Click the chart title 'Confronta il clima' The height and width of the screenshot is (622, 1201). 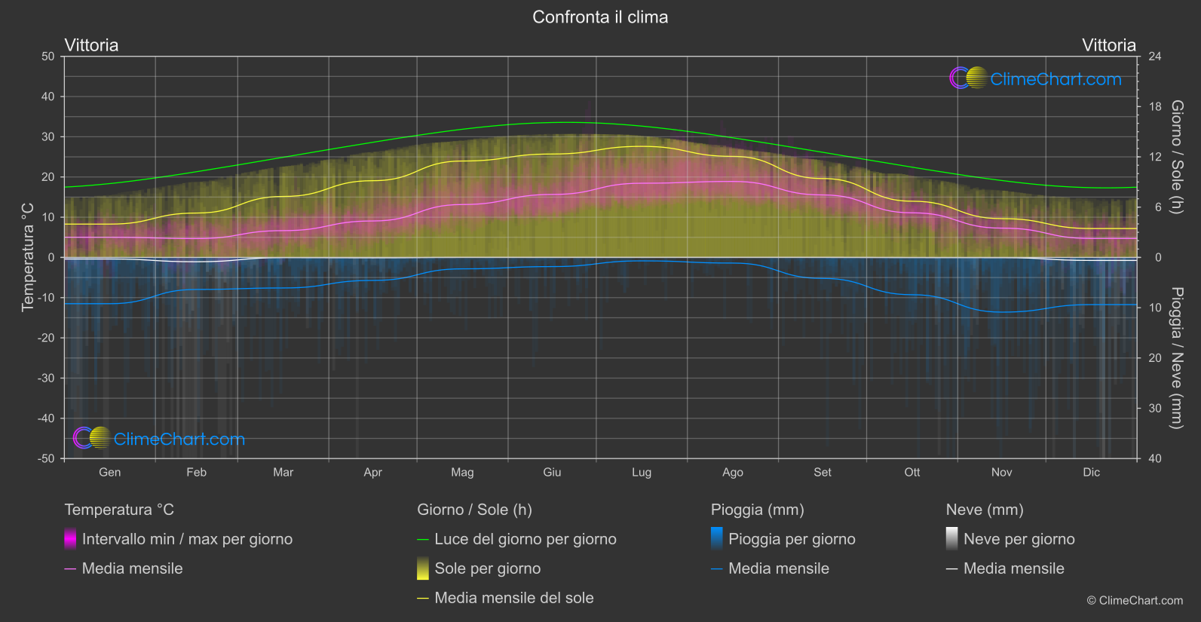pos(600,17)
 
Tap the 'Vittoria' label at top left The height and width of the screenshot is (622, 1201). pos(91,45)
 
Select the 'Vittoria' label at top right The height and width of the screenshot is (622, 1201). pos(1108,45)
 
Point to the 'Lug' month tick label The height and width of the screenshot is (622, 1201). pos(642,473)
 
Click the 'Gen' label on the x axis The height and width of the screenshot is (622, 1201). pos(109,473)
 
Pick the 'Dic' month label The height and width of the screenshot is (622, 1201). pos(1091,473)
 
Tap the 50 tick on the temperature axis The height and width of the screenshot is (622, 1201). pos(48,57)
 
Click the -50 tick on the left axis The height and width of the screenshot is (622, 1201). pos(46,458)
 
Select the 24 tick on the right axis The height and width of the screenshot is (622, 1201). pos(1154,57)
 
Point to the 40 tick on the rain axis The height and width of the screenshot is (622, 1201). pos(1154,458)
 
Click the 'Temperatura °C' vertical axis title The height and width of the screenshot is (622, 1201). pos(28,257)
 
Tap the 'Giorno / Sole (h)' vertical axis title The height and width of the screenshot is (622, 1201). pos(1176,157)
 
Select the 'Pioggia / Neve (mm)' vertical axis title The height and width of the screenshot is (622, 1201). pos(1176,358)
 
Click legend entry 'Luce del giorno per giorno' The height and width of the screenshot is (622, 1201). pos(525,539)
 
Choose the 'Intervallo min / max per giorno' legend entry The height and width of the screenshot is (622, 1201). pos(187,539)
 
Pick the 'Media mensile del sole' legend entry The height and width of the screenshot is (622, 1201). pos(513,598)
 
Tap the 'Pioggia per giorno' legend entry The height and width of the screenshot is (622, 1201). pos(792,539)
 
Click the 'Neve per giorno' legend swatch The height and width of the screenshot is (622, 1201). pos(952,539)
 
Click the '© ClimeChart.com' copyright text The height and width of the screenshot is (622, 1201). pos(1135,601)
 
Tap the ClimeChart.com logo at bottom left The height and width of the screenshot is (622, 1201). pos(159,439)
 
